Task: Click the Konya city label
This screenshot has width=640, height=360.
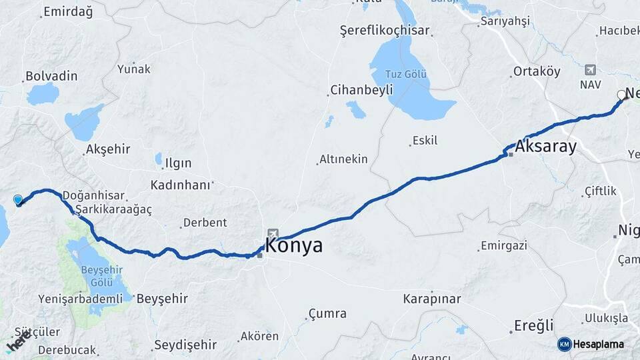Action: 294,245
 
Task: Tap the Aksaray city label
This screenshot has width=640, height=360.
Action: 546,147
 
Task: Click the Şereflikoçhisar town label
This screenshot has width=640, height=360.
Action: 385,31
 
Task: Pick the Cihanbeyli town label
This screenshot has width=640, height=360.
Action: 357,90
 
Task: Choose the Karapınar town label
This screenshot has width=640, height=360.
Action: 432,299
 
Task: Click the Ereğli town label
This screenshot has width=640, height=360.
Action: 534,326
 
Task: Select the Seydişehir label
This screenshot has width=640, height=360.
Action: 185,345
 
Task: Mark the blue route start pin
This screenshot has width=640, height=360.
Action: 18,199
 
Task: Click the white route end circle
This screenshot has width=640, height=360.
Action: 621,95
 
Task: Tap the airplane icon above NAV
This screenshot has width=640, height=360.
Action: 590,70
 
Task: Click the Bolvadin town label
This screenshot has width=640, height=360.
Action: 51,76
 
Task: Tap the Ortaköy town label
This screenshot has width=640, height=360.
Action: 536,71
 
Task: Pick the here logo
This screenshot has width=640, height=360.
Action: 18,343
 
